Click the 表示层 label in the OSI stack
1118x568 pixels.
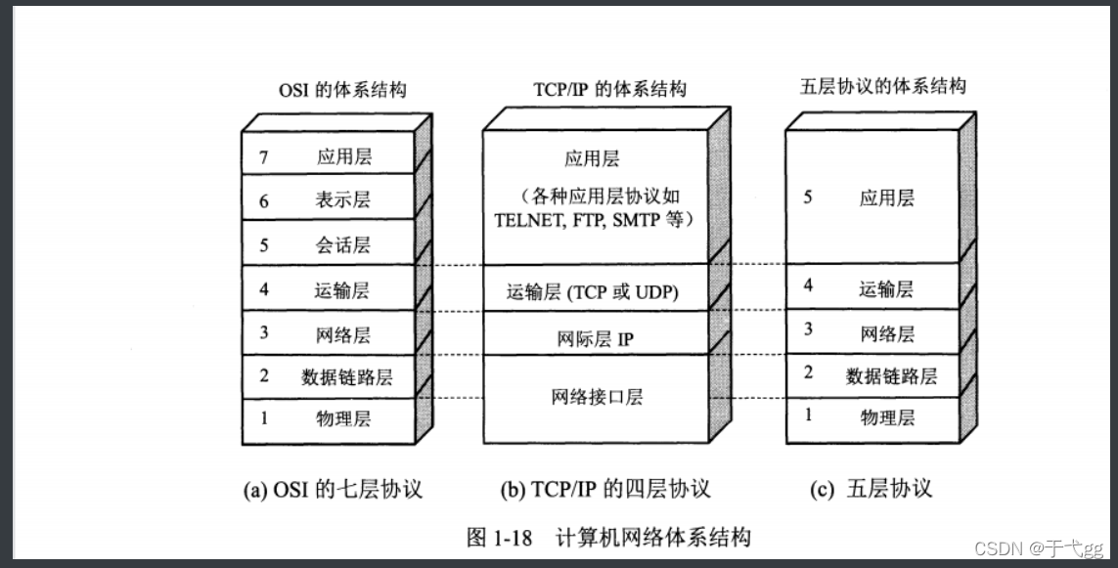click(343, 200)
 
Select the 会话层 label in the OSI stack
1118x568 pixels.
click(343, 244)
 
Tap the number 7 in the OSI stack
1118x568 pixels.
click(263, 156)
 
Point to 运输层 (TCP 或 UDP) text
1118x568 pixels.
click(593, 291)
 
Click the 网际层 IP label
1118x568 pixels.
click(596, 339)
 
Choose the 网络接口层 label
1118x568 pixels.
click(597, 397)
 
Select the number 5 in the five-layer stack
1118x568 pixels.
click(808, 197)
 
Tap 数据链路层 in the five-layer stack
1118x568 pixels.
click(891, 375)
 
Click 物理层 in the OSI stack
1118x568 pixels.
click(343, 418)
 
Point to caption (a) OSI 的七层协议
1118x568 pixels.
click(333, 488)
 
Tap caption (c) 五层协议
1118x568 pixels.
click(872, 488)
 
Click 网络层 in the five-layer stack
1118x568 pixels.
click(887, 332)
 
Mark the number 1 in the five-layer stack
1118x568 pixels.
click(808, 415)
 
